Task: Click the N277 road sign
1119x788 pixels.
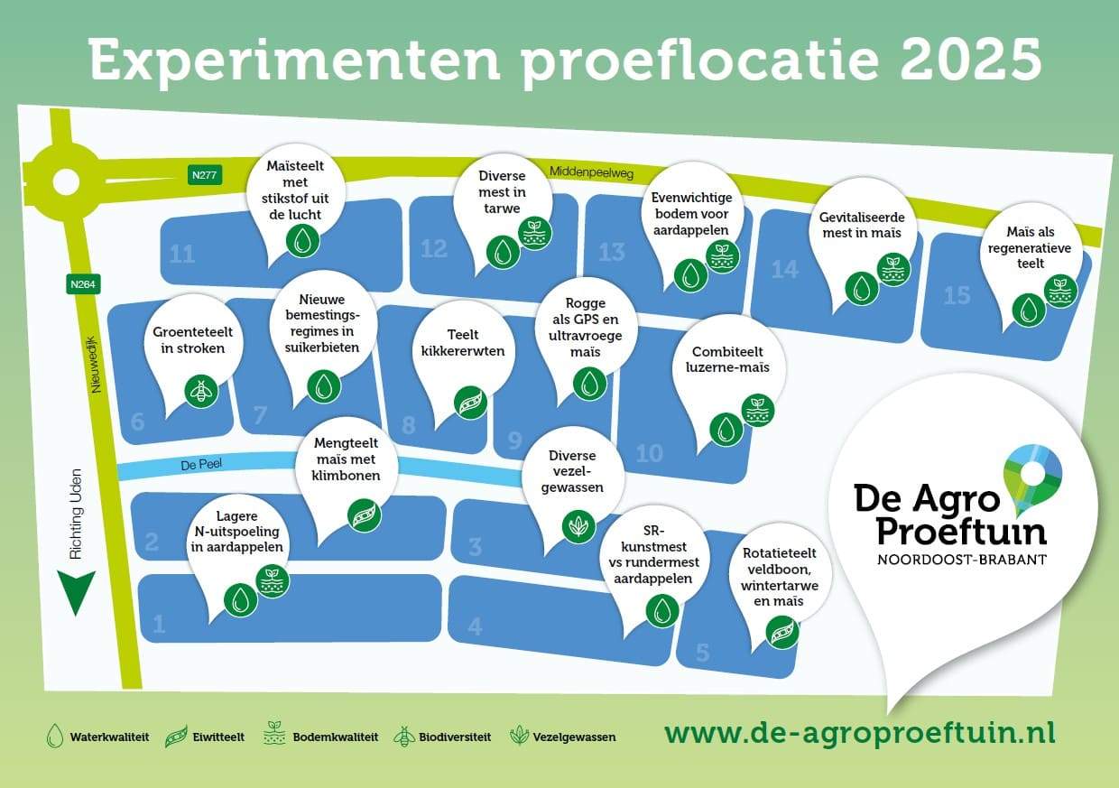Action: click(204, 175)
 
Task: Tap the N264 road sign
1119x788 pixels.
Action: click(83, 284)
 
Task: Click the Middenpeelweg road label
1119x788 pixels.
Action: click(591, 172)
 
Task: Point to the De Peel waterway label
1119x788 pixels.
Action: click(201, 465)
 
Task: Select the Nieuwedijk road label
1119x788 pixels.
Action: click(95, 365)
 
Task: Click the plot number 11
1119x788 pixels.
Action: click(182, 255)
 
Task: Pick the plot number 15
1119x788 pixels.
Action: click(957, 295)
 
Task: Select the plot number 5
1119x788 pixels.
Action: click(703, 653)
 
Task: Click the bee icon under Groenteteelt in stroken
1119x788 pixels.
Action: click(201, 391)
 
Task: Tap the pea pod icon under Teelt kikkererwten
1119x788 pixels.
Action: click(470, 403)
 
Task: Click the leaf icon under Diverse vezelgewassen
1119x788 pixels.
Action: click(579, 526)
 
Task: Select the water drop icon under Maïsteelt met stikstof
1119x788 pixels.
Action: click(302, 241)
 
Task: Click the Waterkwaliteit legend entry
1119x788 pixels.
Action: click(97, 737)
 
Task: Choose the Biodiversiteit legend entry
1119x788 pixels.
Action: click(442, 737)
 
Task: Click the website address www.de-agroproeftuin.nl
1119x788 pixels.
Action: click(860, 734)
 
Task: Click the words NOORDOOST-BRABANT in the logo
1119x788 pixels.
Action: click(962, 560)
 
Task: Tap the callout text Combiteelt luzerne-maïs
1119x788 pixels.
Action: click(727, 360)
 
